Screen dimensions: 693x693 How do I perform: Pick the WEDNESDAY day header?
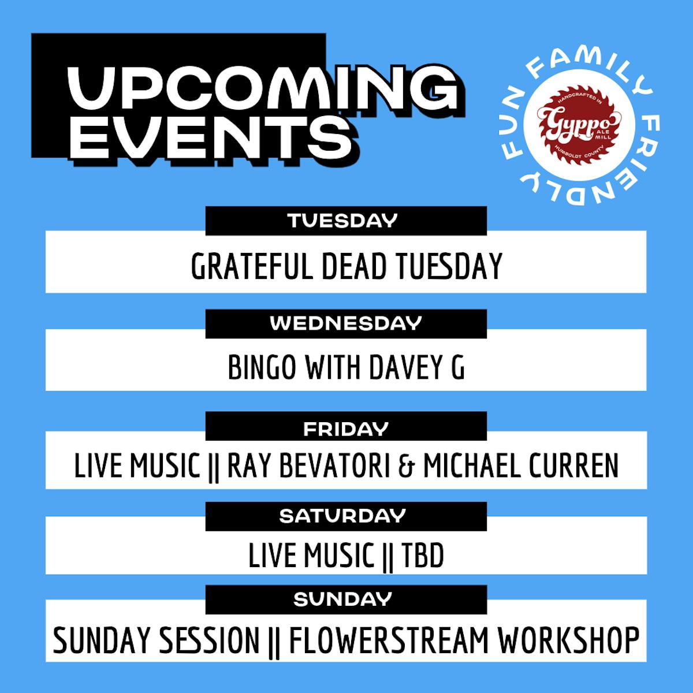pyautogui.click(x=346, y=323)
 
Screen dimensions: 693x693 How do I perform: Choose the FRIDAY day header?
pyautogui.click(x=346, y=429)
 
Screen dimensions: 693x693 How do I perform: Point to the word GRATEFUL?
pyautogui.click(x=251, y=266)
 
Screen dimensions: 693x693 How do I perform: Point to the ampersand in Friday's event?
pyautogui.click(x=407, y=466)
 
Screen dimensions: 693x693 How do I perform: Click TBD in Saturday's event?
pyautogui.click(x=422, y=555)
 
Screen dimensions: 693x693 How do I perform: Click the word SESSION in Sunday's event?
pyautogui.click(x=209, y=640)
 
